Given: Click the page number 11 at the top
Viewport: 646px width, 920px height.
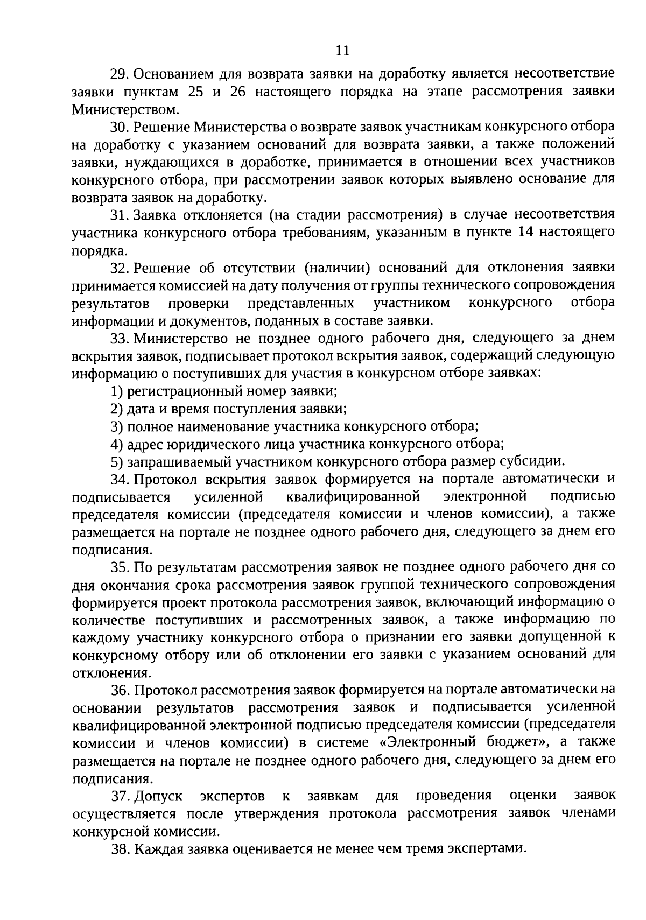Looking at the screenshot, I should tap(342, 51).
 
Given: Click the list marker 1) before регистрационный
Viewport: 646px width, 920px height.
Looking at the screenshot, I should tap(116, 391).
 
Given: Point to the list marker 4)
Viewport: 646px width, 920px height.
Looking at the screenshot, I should tap(116, 444).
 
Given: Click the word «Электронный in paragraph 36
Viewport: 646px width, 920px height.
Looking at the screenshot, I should tap(423, 743).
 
